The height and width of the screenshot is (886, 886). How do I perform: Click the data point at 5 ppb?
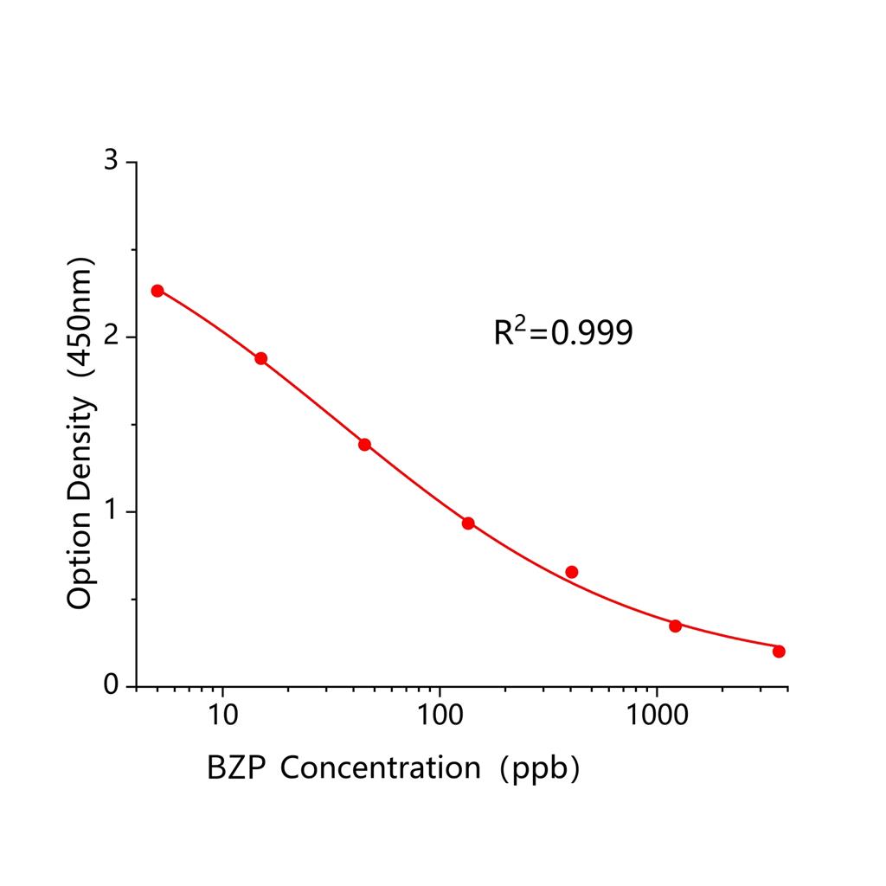click(x=157, y=291)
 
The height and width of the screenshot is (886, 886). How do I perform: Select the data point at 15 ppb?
click(x=261, y=358)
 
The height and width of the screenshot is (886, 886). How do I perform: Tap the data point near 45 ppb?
click(x=364, y=445)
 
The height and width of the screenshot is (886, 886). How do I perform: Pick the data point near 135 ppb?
click(x=468, y=523)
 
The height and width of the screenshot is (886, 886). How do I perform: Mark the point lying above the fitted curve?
click(x=571, y=572)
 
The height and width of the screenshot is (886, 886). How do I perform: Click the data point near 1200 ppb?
click(x=675, y=626)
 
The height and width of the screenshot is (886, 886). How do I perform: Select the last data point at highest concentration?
click(x=779, y=651)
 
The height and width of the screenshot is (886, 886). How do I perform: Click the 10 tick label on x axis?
click(x=223, y=715)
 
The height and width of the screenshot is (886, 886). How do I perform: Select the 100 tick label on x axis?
click(x=440, y=715)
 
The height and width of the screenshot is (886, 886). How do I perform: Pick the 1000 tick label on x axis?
click(x=657, y=715)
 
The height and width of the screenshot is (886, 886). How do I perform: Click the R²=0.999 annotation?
click(x=563, y=332)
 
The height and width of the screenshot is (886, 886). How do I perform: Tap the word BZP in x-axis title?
click(x=233, y=767)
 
